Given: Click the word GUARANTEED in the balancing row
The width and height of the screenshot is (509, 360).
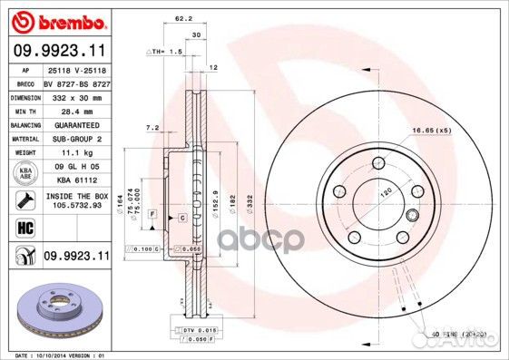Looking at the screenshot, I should (75, 124).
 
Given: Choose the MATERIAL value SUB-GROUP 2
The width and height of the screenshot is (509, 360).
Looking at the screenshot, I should (74, 139).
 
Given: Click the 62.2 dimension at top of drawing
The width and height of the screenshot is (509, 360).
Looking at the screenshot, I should (182, 17).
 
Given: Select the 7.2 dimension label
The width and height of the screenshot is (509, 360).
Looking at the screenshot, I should (152, 128).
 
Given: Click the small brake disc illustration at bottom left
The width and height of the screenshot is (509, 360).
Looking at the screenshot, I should (54, 308).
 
